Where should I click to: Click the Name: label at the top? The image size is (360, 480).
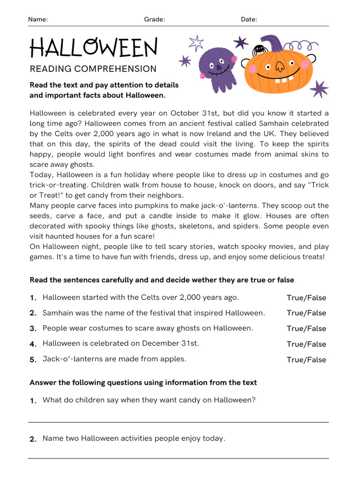click(38, 19)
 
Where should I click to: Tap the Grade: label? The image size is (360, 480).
click(154, 19)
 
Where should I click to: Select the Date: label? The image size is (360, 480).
click(249, 19)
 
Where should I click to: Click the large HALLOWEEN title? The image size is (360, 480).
click(94, 48)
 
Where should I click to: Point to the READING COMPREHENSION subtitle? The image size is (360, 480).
click(93, 69)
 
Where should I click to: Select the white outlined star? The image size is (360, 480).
click(196, 43)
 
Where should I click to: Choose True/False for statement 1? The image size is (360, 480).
click(306, 298)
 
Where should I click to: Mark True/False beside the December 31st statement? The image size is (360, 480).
click(306, 344)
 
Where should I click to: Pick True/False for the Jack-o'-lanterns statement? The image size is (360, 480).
click(306, 360)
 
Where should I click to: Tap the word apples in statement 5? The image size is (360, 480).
click(172, 359)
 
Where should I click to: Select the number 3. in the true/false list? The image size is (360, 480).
click(33, 329)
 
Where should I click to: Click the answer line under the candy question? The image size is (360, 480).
click(178, 422)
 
